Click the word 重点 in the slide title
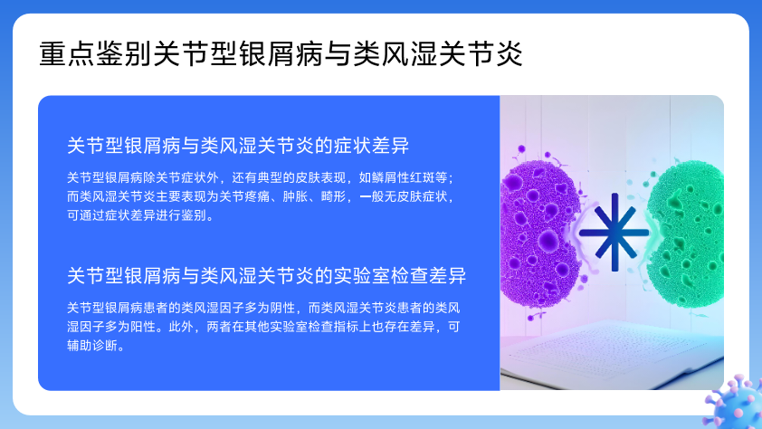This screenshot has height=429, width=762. point(68,54)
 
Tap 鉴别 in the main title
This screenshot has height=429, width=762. point(124,54)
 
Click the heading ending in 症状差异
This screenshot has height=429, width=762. point(238,146)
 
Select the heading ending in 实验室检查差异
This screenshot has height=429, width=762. point(267,275)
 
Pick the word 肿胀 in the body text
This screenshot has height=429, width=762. point(295,196)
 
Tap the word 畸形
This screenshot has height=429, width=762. point(333,196)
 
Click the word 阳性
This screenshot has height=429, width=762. point(143,327)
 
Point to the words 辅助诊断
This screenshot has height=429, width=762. point(92,346)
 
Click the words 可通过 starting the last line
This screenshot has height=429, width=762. point(86,215)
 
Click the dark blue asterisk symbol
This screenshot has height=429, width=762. point(614,233)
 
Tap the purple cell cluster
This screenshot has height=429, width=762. point(538,233)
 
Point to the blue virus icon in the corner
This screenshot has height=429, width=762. point(735,404)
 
